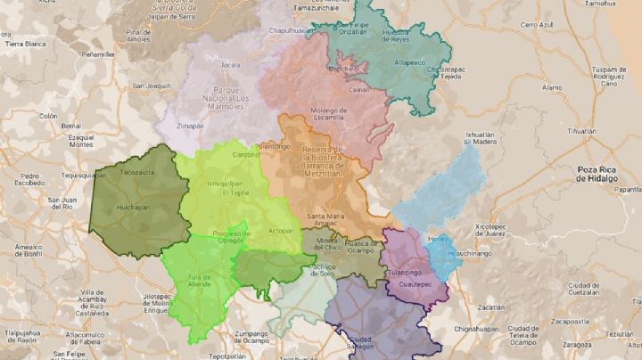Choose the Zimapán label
click(x=191, y=127)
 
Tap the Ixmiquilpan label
click(x=225, y=180)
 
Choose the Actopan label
click(x=281, y=229)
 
